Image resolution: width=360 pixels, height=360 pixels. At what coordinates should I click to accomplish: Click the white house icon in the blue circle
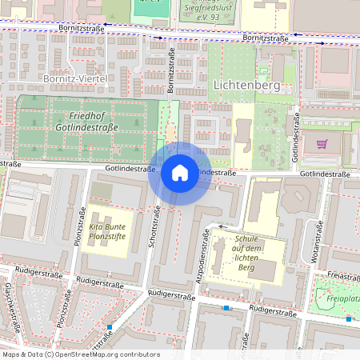180,172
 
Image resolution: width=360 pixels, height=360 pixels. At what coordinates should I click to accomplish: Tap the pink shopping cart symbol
322,144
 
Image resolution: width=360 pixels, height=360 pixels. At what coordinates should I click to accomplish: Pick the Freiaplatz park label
342,302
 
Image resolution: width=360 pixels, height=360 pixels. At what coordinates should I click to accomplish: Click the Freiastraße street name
343,277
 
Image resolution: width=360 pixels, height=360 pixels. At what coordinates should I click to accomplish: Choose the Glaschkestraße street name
13,307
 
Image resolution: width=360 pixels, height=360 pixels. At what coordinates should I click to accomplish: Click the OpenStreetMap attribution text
81,354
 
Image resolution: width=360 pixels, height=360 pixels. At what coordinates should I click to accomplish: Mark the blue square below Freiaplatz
349,318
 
